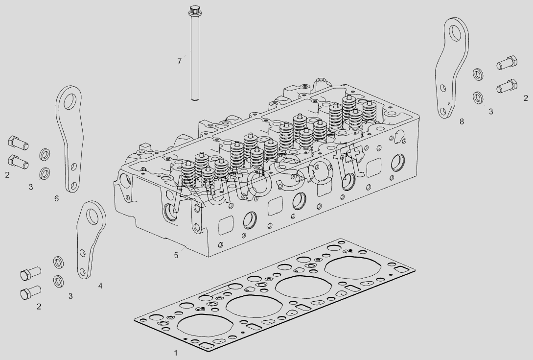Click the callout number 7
click(180, 62)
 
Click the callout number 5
click(176, 255)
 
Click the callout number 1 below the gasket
click(176, 353)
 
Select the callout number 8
click(462, 121)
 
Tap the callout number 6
click(56, 198)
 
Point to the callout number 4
click(100, 286)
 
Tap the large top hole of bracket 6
click(70, 101)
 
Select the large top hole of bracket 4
click(92, 216)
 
